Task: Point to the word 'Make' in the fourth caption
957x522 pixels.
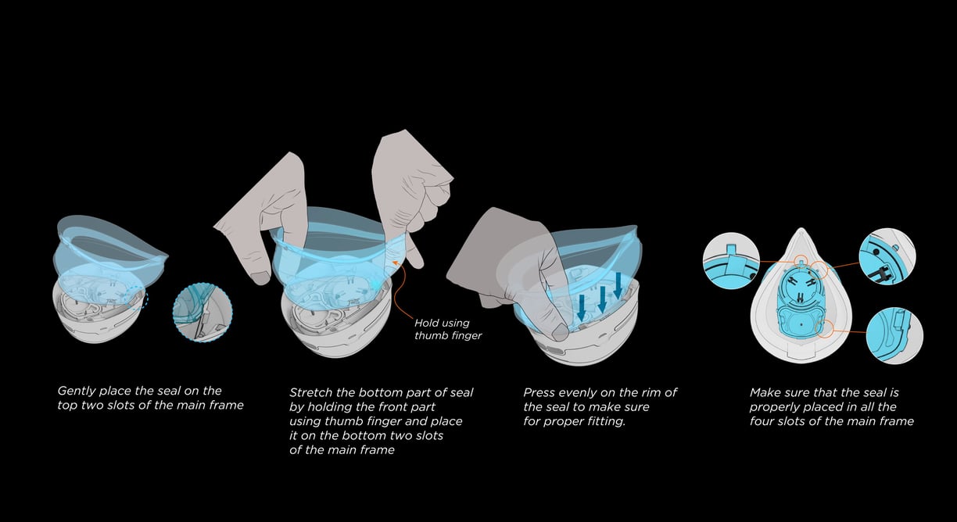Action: point(766,392)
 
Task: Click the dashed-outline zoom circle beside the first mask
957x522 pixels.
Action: point(202,313)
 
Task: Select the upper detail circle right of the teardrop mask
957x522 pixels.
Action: point(887,256)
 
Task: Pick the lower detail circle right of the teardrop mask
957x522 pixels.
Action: point(894,334)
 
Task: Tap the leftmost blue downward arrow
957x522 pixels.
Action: point(581,308)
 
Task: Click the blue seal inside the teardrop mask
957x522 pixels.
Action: point(799,305)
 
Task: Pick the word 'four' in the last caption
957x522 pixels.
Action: point(762,422)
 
